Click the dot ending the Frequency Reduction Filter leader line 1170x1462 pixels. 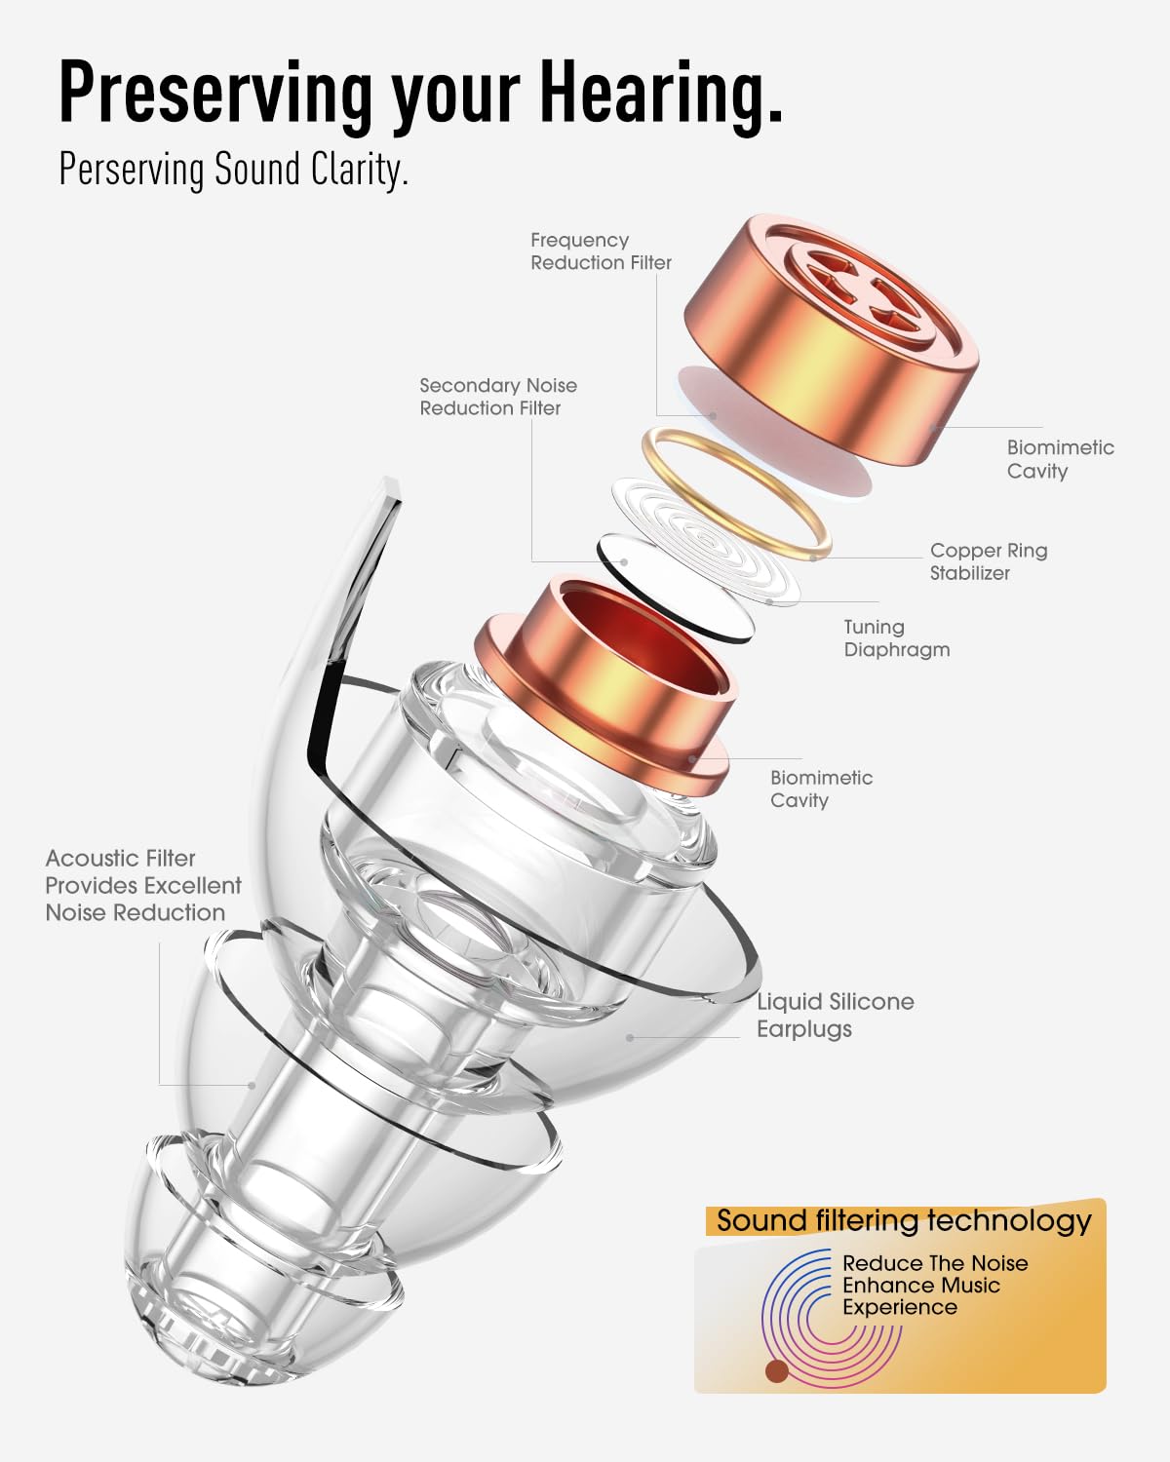713,415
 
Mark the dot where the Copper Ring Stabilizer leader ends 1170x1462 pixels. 814,558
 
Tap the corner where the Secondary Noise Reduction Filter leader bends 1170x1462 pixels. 531,561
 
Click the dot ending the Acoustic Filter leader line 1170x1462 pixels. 253,1085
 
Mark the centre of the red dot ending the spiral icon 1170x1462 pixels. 777,1370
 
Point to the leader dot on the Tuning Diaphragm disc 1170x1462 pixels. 769,601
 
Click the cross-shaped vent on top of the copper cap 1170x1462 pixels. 863,290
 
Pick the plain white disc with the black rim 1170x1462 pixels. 676,589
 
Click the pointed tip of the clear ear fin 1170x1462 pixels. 392,481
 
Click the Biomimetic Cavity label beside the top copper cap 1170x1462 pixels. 1060,458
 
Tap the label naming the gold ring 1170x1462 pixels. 989,561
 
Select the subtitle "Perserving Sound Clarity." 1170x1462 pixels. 233,169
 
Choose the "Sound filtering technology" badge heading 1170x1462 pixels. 904,1221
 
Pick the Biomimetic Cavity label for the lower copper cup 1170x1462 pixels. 821,789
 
